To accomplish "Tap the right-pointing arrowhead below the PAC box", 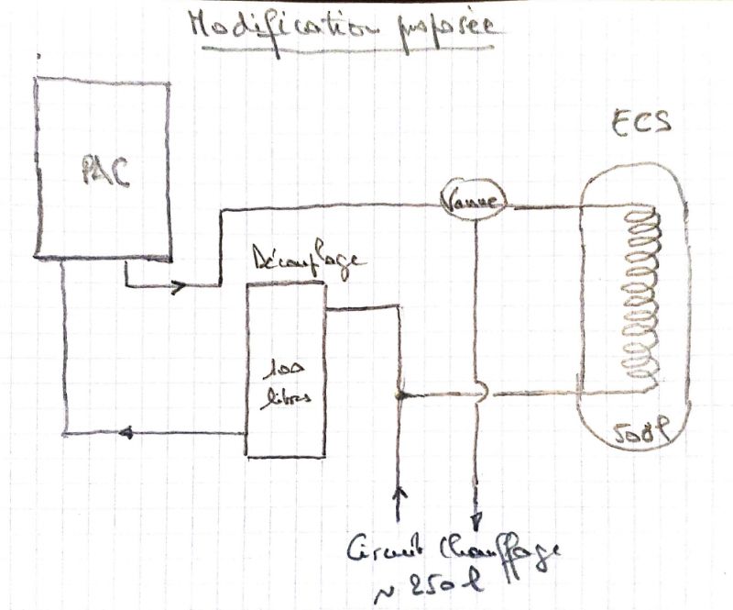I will pos(179,285).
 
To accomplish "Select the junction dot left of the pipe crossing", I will pos(398,395).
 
